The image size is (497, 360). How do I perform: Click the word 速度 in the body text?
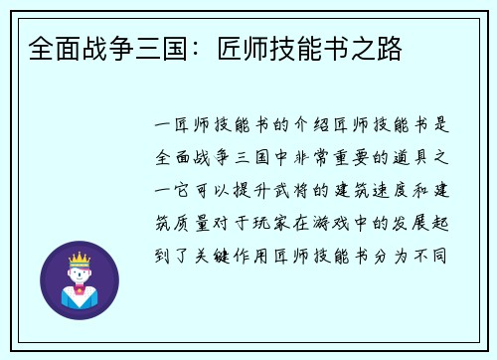coord(382,189)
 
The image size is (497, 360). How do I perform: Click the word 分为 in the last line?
coord(393,252)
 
